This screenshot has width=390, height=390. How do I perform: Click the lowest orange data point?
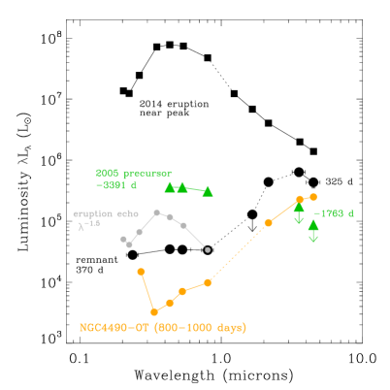coord(154,312)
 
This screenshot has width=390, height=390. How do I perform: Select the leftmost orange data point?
coord(141,272)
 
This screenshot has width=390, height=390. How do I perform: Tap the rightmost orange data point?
coord(313,197)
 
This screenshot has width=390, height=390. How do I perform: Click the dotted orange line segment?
coord(239,252)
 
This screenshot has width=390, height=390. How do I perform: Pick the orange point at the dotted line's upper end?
coord(269,223)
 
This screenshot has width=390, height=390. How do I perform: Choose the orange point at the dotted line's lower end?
coord(208,282)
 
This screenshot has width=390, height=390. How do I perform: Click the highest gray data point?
coord(156,212)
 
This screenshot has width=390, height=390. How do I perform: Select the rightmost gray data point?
coord(208,249)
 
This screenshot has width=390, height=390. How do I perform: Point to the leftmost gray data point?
coord(123,239)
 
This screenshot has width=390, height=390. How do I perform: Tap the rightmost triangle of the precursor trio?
coord(208,191)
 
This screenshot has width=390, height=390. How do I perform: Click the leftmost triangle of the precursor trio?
coord(170,187)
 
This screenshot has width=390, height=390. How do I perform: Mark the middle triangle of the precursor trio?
coord(182,187)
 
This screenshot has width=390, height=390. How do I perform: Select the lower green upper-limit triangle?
coord(313,225)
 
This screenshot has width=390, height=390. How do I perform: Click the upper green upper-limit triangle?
coord(299,207)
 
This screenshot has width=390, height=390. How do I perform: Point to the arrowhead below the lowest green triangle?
coord(313,239)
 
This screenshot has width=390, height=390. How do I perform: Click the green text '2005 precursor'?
coord(134,174)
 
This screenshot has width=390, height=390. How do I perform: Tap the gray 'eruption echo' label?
coord(106,214)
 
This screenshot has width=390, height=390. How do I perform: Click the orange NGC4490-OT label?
coord(163,328)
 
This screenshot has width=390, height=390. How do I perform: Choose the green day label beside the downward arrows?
coord(335,213)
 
